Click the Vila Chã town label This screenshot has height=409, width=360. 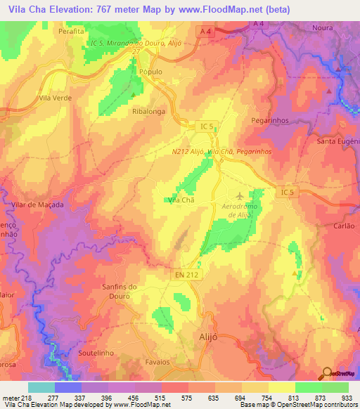181,200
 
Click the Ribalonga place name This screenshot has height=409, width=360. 147,111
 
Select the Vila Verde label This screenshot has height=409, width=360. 56,98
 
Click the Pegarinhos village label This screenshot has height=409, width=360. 271,121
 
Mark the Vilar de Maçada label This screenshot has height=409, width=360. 38,204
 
